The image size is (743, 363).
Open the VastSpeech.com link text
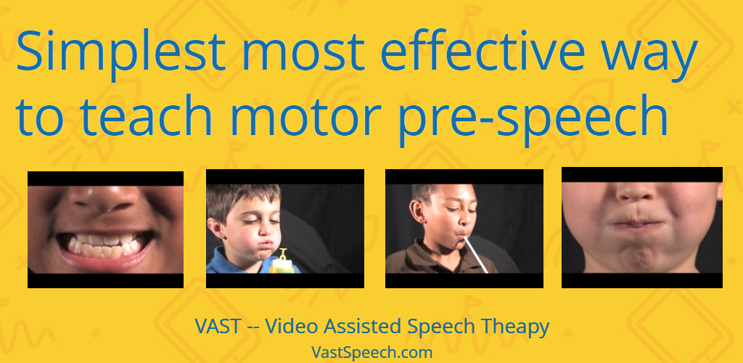(x=372, y=353)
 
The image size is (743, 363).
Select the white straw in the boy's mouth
(x=475, y=255)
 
